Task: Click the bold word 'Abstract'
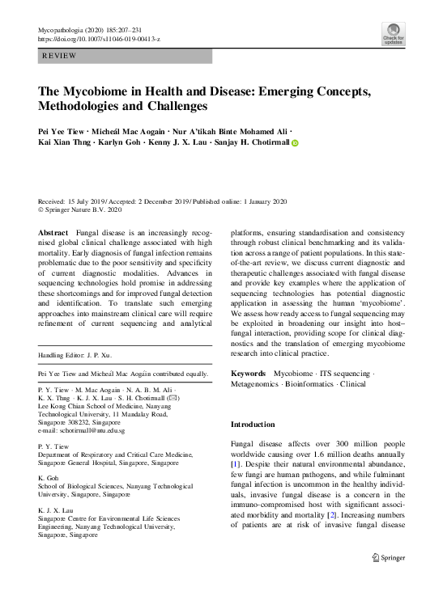pos(53,231)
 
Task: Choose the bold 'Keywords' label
pos(248,373)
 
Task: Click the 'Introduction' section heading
pos(253,425)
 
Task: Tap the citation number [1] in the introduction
pos(235,464)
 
